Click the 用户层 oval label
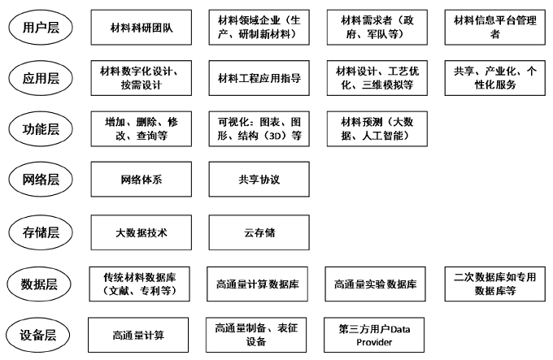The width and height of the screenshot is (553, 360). click(41, 28)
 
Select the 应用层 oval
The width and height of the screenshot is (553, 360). click(41, 78)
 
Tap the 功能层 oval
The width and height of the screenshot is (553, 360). click(41, 129)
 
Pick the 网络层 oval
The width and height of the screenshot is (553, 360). click(41, 180)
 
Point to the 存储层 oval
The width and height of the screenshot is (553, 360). click(41, 232)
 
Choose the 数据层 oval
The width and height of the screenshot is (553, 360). click(39, 284)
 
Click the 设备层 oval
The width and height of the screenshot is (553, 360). click(37, 335)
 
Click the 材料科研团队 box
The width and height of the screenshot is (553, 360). click(141, 28)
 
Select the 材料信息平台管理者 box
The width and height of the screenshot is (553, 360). click(494, 28)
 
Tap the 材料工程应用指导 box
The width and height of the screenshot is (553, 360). click(259, 78)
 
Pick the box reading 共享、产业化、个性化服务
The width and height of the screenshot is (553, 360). click(494, 78)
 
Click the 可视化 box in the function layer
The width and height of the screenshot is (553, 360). click(259, 129)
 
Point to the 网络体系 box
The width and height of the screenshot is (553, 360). click(141, 180)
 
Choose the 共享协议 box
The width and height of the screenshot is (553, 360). click(259, 180)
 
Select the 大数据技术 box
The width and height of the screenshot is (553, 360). click(141, 232)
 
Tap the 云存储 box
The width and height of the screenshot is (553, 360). click(259, 232)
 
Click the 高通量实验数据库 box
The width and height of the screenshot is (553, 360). click(375, 284)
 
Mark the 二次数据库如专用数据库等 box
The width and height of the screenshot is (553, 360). click(494, 284)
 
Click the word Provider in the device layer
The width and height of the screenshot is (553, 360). click(374, 342)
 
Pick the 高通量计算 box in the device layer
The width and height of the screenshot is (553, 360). click(138, 335)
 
